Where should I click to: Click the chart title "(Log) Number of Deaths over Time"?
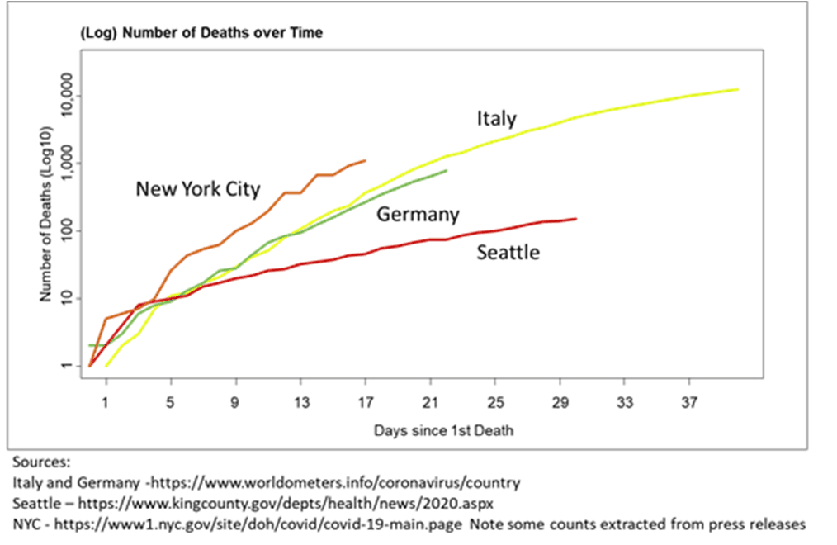[201, 33]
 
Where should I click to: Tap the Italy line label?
[496, 119]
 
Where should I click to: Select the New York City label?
[198, 189]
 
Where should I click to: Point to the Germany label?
[418, 215]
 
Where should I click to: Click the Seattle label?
[508, 252]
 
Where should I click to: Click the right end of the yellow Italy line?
[737, 89]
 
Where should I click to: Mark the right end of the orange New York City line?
[366, 160]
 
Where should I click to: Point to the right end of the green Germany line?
[447, 171]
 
